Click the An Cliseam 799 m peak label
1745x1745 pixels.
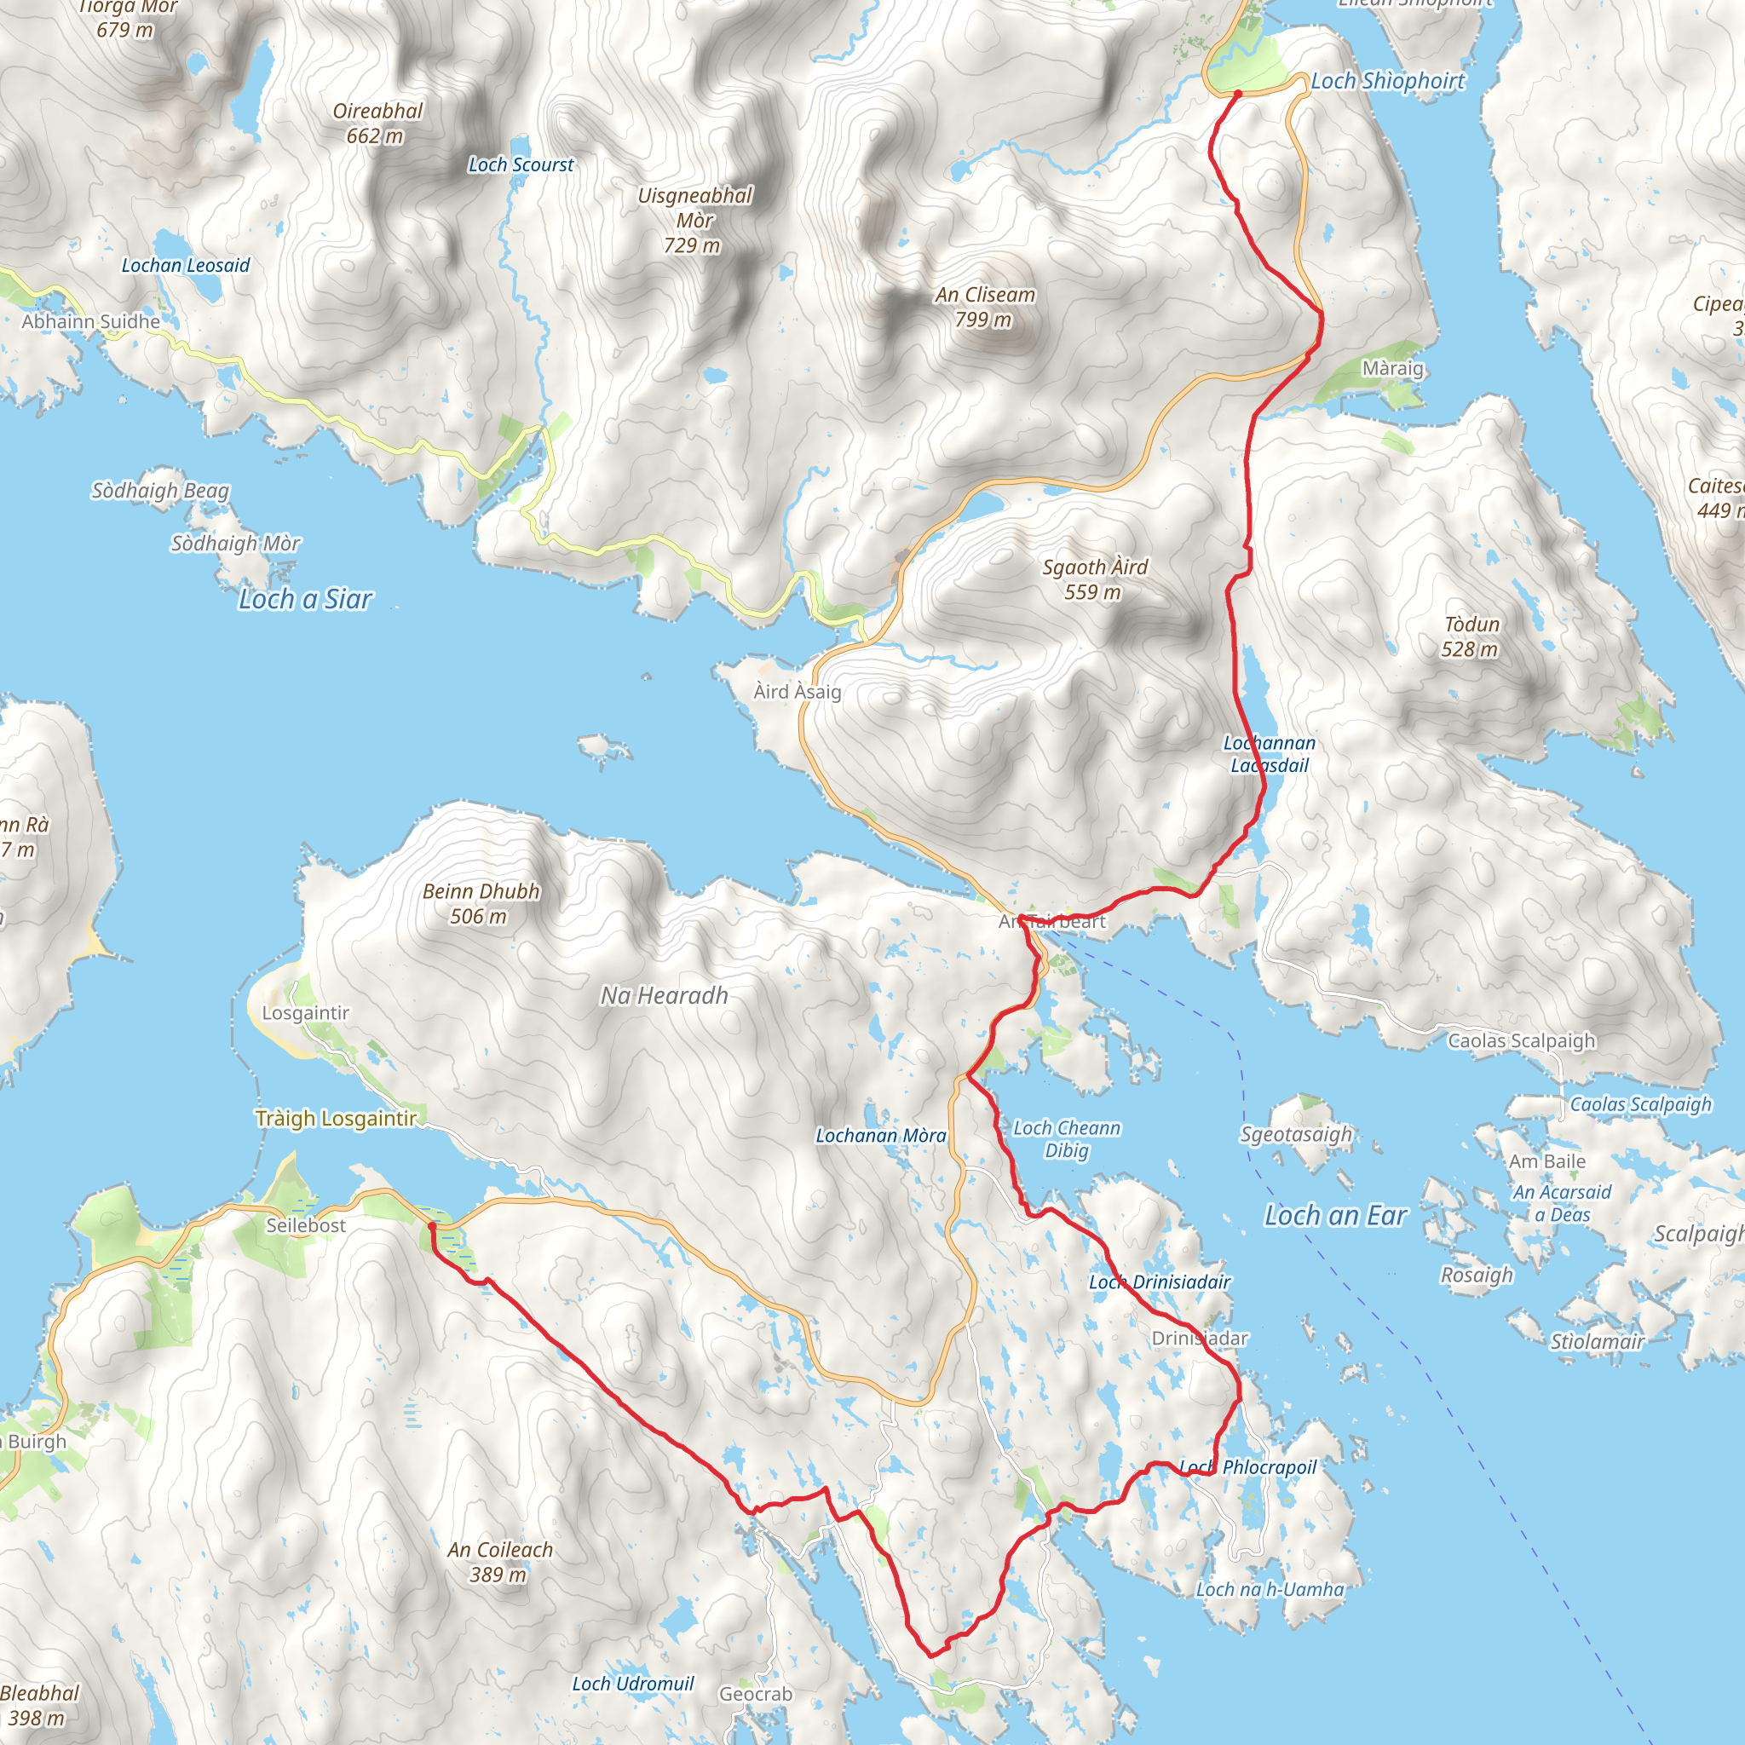point(984,307)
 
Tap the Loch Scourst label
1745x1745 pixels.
point(521,165)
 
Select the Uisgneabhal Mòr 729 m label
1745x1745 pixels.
point(694,221)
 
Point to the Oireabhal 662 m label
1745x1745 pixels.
point(377,124)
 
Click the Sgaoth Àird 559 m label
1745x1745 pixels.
point(1094,579)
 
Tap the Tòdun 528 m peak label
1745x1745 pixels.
point(1471,636)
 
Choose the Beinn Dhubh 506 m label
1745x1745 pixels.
point(481,903)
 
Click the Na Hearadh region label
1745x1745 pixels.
point(664,995)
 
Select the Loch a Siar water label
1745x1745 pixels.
point(305,599)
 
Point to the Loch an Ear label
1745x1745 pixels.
point(1335,1216)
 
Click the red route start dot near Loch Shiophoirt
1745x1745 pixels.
point(1237,94)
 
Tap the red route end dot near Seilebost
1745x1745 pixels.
point(432,1227)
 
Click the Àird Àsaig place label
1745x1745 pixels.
point(798,692)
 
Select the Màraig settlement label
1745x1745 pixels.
point(1393,368)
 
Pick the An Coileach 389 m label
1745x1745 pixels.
point(499,1562)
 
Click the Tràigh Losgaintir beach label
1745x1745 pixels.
point(336,1118)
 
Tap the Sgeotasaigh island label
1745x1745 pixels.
point(1296,1134)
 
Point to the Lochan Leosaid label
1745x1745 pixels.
point(185,266)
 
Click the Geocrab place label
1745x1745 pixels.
point(755,1695)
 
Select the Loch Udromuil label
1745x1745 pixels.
point(632,1684)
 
